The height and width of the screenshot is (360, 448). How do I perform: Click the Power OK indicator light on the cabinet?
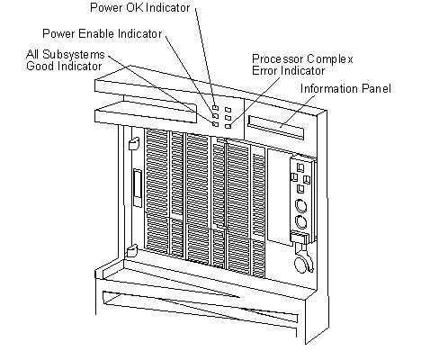click(x=215, y=107)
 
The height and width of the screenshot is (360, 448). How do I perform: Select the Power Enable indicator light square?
click(x=215, y=115)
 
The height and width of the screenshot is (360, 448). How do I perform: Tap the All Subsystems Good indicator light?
click(x=215, y=123)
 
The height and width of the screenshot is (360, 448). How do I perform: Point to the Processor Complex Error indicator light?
click(x=228, y=126)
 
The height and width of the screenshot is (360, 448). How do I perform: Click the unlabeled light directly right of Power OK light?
click(x=228, y=110)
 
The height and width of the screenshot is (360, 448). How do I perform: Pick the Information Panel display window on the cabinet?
click(x=276, y=127)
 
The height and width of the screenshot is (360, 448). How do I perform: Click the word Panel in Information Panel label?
click(x=376, y=88)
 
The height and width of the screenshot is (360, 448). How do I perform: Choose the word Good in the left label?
click(x=40, y=66)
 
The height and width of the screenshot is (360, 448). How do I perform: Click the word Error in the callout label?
click(x=264, y=71)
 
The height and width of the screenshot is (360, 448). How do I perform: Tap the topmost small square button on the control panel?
click(x=300, y=167)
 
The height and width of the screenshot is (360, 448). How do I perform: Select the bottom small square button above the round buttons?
click(x=300, y=189)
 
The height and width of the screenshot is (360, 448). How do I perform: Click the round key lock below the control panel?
click(x=301, y=265)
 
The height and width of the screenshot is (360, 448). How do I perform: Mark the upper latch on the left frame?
click(x=133, y=143)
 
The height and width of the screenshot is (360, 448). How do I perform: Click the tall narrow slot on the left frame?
click(x=138, y=188)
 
